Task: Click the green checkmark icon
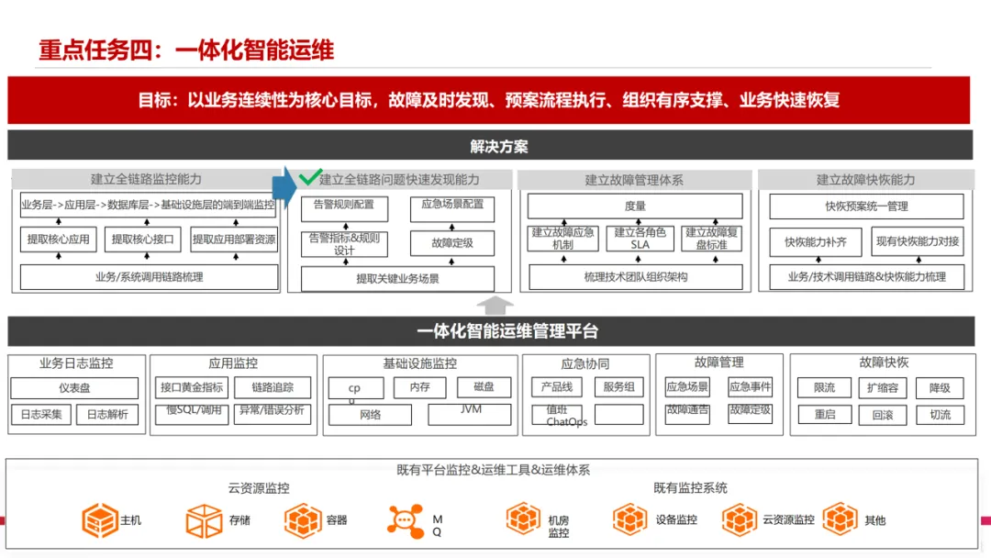[x=310, y=176]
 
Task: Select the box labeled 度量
[x=634, y=206]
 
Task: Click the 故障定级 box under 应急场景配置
[x=451, y=243]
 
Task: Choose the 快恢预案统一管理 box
[x=865, y=206]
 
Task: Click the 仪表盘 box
[x=74, y=388]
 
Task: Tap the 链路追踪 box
[x=273, y=388]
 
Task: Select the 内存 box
[x=419, y=388]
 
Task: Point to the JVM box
[x=469, y=414]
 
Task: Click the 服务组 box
[x=618, y=387]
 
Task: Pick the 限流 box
[x=824, y=388]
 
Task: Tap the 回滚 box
[x=882, y=415]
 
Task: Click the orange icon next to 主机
[x=99, y=520]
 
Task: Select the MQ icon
[x=405, y=520]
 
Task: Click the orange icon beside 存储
[x=204, y=520]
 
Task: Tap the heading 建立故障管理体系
[x=634, y=180]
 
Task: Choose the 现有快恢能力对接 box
[x=917, y=242]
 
